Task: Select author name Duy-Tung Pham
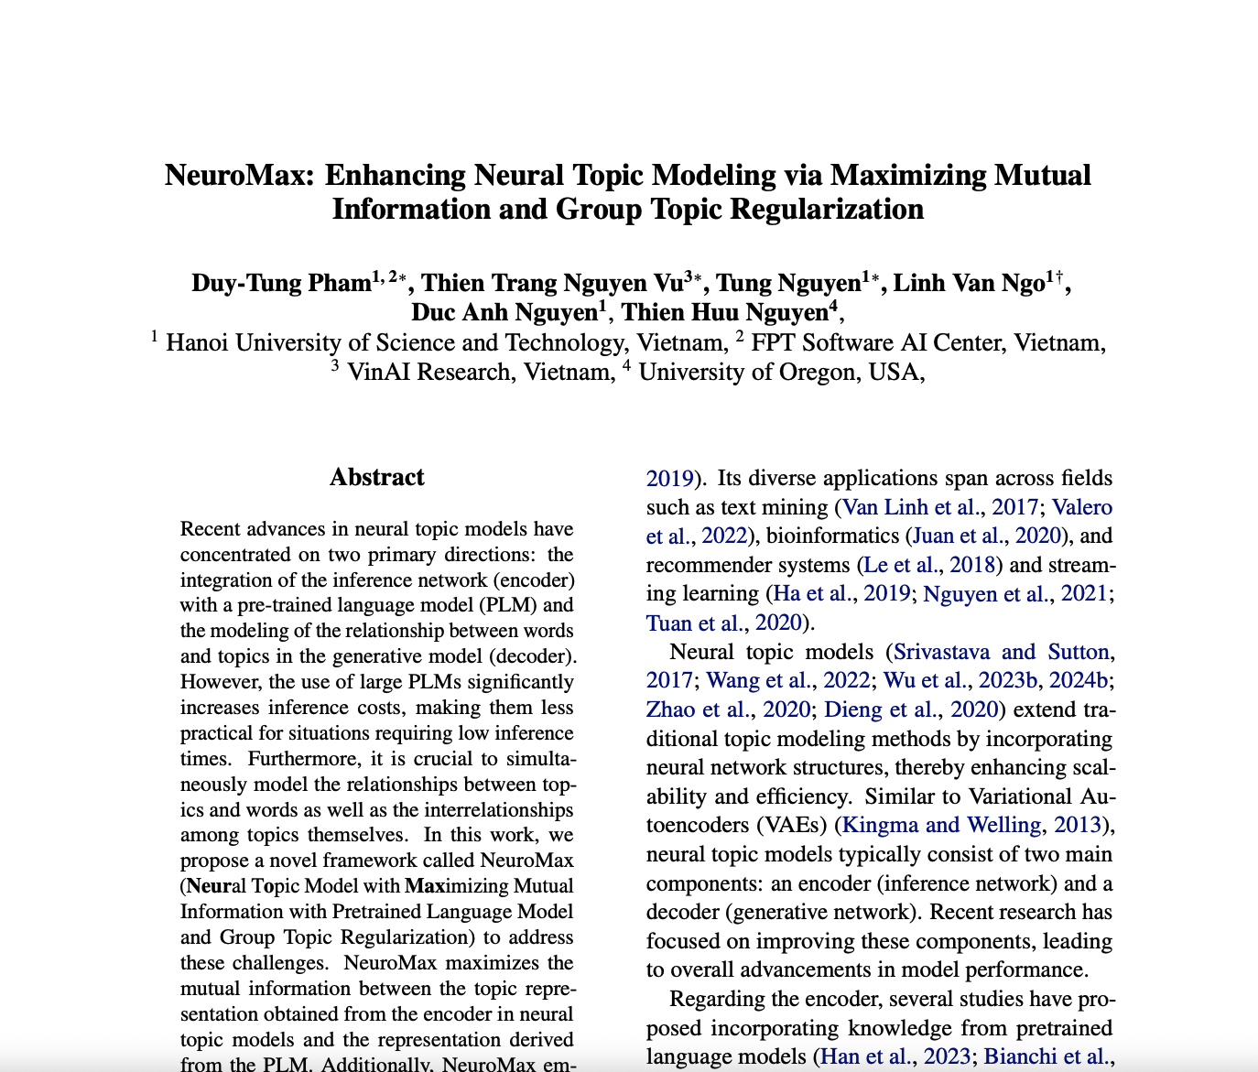coord(280,283)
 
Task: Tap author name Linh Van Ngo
coord(969,283)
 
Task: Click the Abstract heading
coord(376,477)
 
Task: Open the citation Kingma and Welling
coord(940,825)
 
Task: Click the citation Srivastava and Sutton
coord(1001,652)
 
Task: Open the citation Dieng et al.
coord(881,709)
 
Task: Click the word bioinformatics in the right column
coord(832,536)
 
